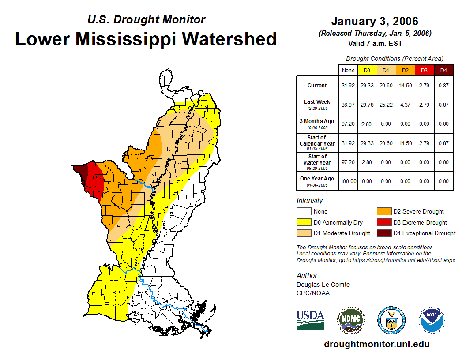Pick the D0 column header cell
pos(367,70)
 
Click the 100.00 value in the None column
pos(348,181)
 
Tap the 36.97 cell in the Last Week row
pos(348,105)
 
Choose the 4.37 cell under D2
pos(405,105)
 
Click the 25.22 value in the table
pos(386,105)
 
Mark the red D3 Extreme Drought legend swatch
pos(384,222)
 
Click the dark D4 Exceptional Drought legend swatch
pos(384,233)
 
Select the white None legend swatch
pos(304,212)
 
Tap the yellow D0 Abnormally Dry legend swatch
pos(304,222)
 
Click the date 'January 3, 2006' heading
pos(375,21)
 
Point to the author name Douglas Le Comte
pos(323,285)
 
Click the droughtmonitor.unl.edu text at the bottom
pos(376,344)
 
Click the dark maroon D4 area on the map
pos(79,171)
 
